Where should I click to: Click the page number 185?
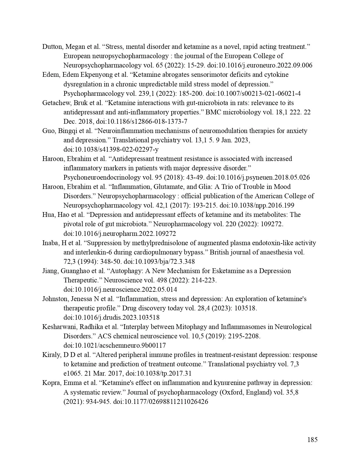[312, 440]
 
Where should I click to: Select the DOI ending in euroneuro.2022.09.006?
[260, 65]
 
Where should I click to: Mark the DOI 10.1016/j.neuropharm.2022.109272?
[119, 234]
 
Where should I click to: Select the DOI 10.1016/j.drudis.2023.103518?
[111, 317]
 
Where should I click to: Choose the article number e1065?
[72, 373]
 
